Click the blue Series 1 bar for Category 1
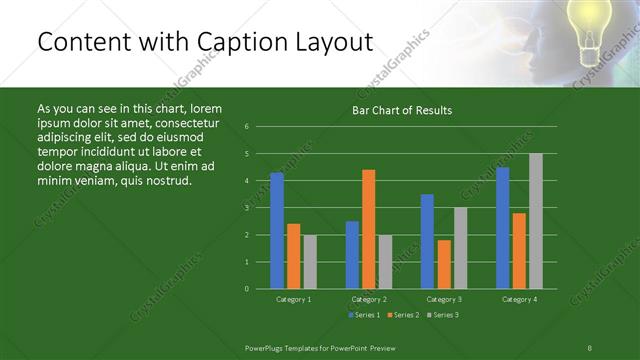point(277,230)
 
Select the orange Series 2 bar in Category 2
point(369,229)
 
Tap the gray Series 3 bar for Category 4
point(536,221)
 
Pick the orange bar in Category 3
point(444,264)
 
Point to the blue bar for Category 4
point(502,228)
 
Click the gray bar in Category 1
point(310,262)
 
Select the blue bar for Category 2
point(352,254)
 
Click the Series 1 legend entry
point(364,315)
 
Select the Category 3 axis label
point(443,299)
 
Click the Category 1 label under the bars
point(293,299)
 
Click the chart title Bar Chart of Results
point(402,110)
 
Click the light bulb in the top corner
point(589,23)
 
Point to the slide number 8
point(590,347)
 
